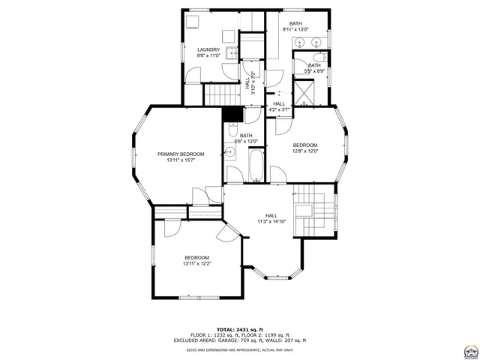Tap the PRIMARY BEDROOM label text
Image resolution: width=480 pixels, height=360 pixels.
pyautogui.click(x=181, y=154)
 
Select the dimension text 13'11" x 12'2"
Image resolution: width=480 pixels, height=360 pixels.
pyautogui.click(x=196, y=263)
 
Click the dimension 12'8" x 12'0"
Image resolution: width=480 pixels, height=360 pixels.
pyautogui.click(x=305, y=151)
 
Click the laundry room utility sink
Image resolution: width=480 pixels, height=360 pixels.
pyautogui.click(x=232, y=54)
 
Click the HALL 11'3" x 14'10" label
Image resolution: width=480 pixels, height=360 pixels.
pyautogui.click(x=271, y=218)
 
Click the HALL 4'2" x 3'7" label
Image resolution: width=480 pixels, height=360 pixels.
pyautogui.click(x=279, y=106)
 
